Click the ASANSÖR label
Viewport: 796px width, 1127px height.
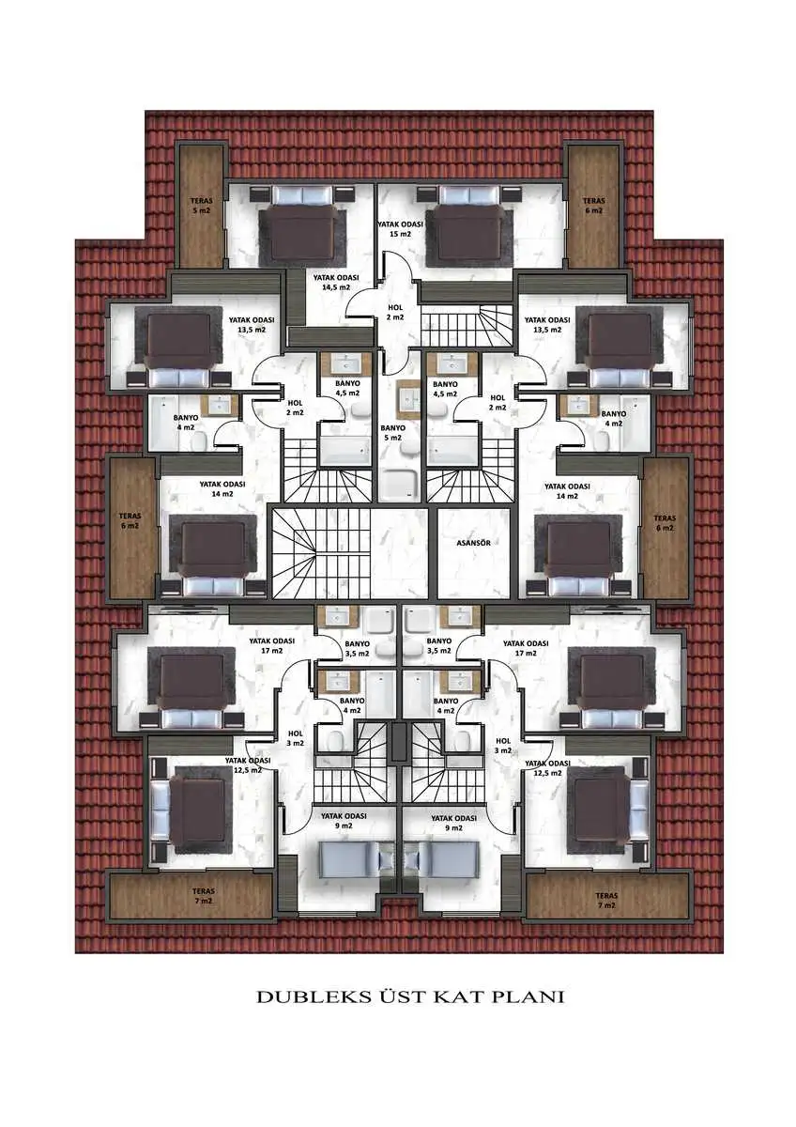tap(473, 543)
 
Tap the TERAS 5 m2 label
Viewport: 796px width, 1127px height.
tap(201, 206)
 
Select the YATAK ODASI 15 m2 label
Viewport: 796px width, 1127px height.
tap(400, 228)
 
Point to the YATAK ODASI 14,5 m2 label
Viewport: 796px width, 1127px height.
tap(336, 283)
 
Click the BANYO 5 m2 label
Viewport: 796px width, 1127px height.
tap(392, 433)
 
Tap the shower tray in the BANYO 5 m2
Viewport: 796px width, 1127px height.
tap(400, 485)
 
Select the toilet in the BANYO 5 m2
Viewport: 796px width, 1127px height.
tap(410, 448)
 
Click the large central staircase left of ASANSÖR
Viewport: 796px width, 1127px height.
tap(322, 553)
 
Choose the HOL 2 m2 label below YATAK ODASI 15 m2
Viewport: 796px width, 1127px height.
tap(395, 313)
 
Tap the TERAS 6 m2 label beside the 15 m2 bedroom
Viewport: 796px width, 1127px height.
tap(593, 206)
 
